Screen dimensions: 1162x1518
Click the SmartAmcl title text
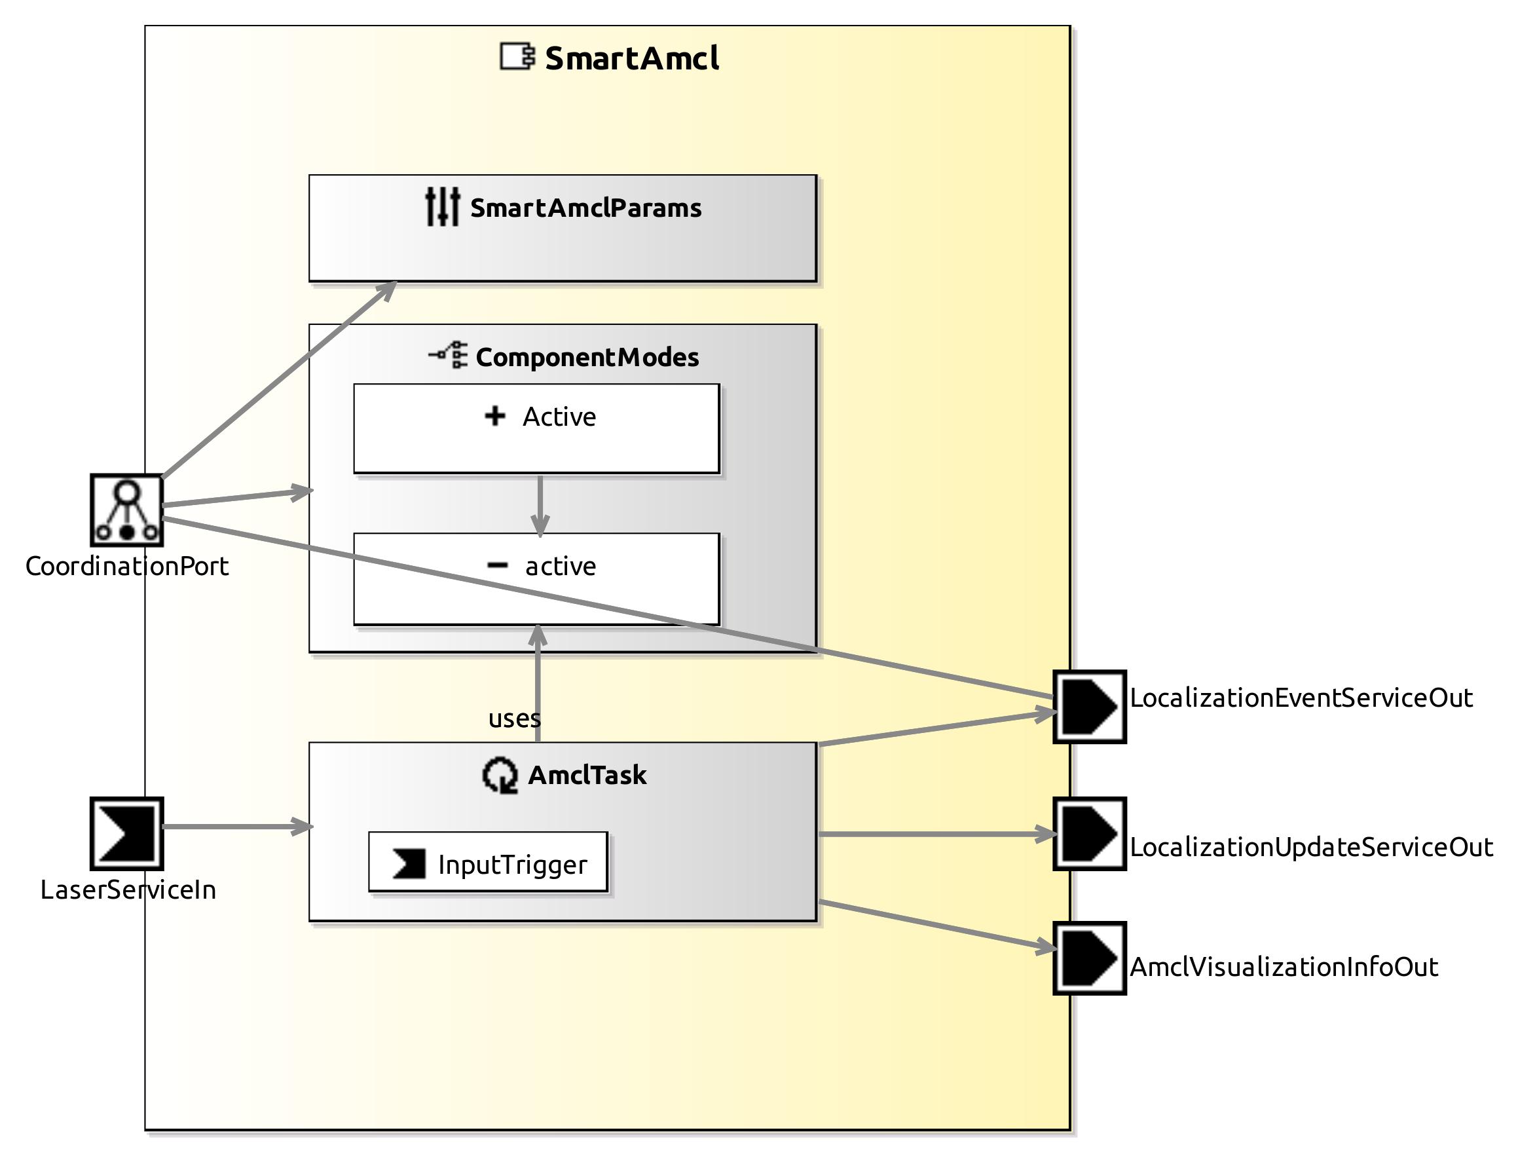[631, 58]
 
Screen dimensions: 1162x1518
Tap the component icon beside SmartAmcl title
[517, 57]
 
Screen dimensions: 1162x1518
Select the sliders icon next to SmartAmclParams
[442, 206]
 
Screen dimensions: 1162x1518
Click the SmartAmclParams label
[585, 208]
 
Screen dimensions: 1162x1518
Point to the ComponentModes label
[587, 357]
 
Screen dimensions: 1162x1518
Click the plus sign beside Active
[494, 416]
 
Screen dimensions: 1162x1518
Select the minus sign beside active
[496, 565]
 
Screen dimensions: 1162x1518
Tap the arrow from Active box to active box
[540, 505]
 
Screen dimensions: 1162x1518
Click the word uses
[514, 718]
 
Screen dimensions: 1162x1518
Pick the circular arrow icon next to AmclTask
[499, 775]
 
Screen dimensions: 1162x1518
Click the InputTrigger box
[488, 862]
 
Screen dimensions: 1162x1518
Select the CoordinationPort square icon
[126, 510]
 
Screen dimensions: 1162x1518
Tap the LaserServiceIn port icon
[126, 833]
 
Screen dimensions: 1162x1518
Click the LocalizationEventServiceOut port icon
[1088, 706]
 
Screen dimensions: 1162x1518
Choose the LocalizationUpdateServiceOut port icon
[1088, 833]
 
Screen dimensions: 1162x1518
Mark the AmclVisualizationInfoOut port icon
[1088, 957]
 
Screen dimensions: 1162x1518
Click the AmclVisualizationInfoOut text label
[1283, 966]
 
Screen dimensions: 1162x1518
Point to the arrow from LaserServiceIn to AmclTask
[235, 826]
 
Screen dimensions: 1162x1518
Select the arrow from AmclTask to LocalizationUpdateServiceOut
[934, 833]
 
